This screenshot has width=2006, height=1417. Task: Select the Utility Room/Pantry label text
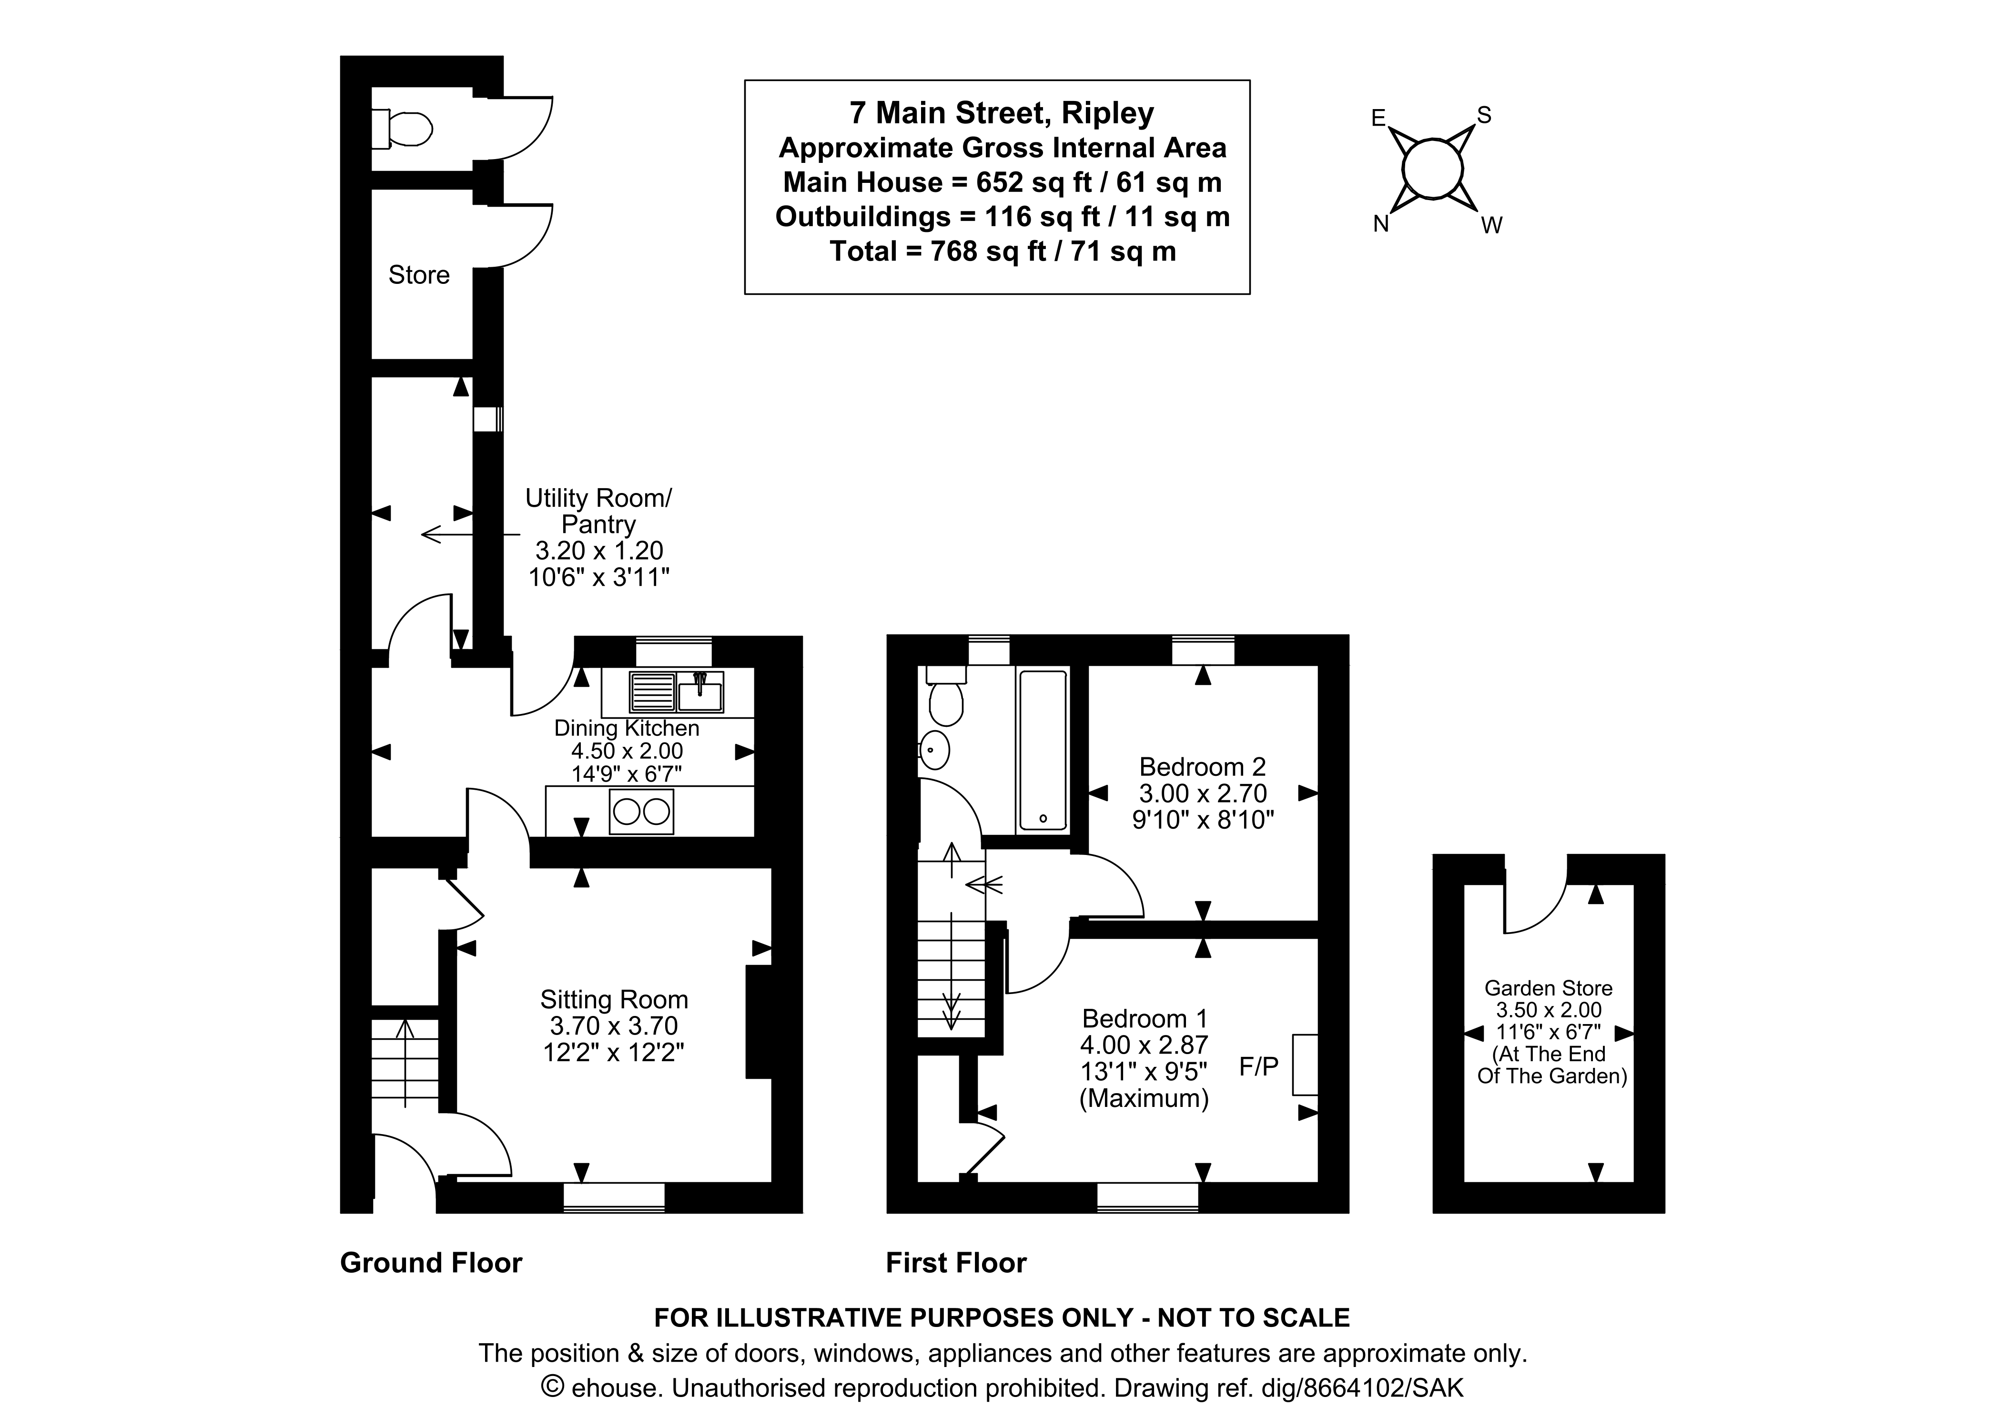tap(598, 511)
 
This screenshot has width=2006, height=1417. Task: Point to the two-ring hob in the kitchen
tap(641, 812)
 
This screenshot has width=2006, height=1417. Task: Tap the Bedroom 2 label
tap(1202, 767)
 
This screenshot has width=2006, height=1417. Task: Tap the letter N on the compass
tap(1380, 224)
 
